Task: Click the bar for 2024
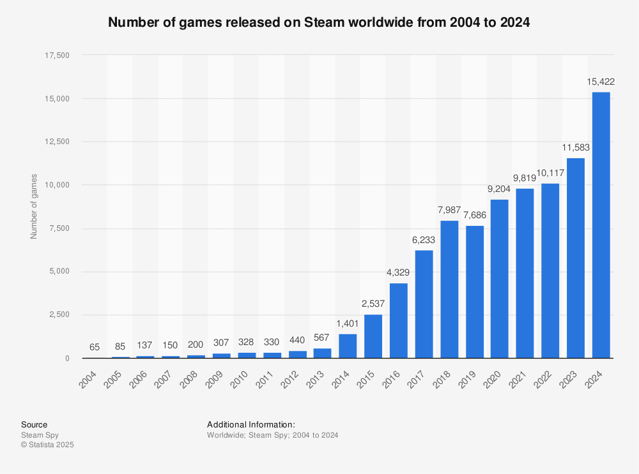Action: [601, 225]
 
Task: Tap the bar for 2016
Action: [399, 320]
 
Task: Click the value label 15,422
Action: [601, 82]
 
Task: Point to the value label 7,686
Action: [474, 216]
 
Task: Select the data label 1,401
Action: [348, 324]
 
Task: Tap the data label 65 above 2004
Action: [95, 347]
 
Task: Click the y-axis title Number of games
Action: [34, 206]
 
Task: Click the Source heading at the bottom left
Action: [34, 424]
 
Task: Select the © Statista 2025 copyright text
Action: [47, 445]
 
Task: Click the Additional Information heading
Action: [250, 424]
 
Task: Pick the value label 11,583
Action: [575, 147]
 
